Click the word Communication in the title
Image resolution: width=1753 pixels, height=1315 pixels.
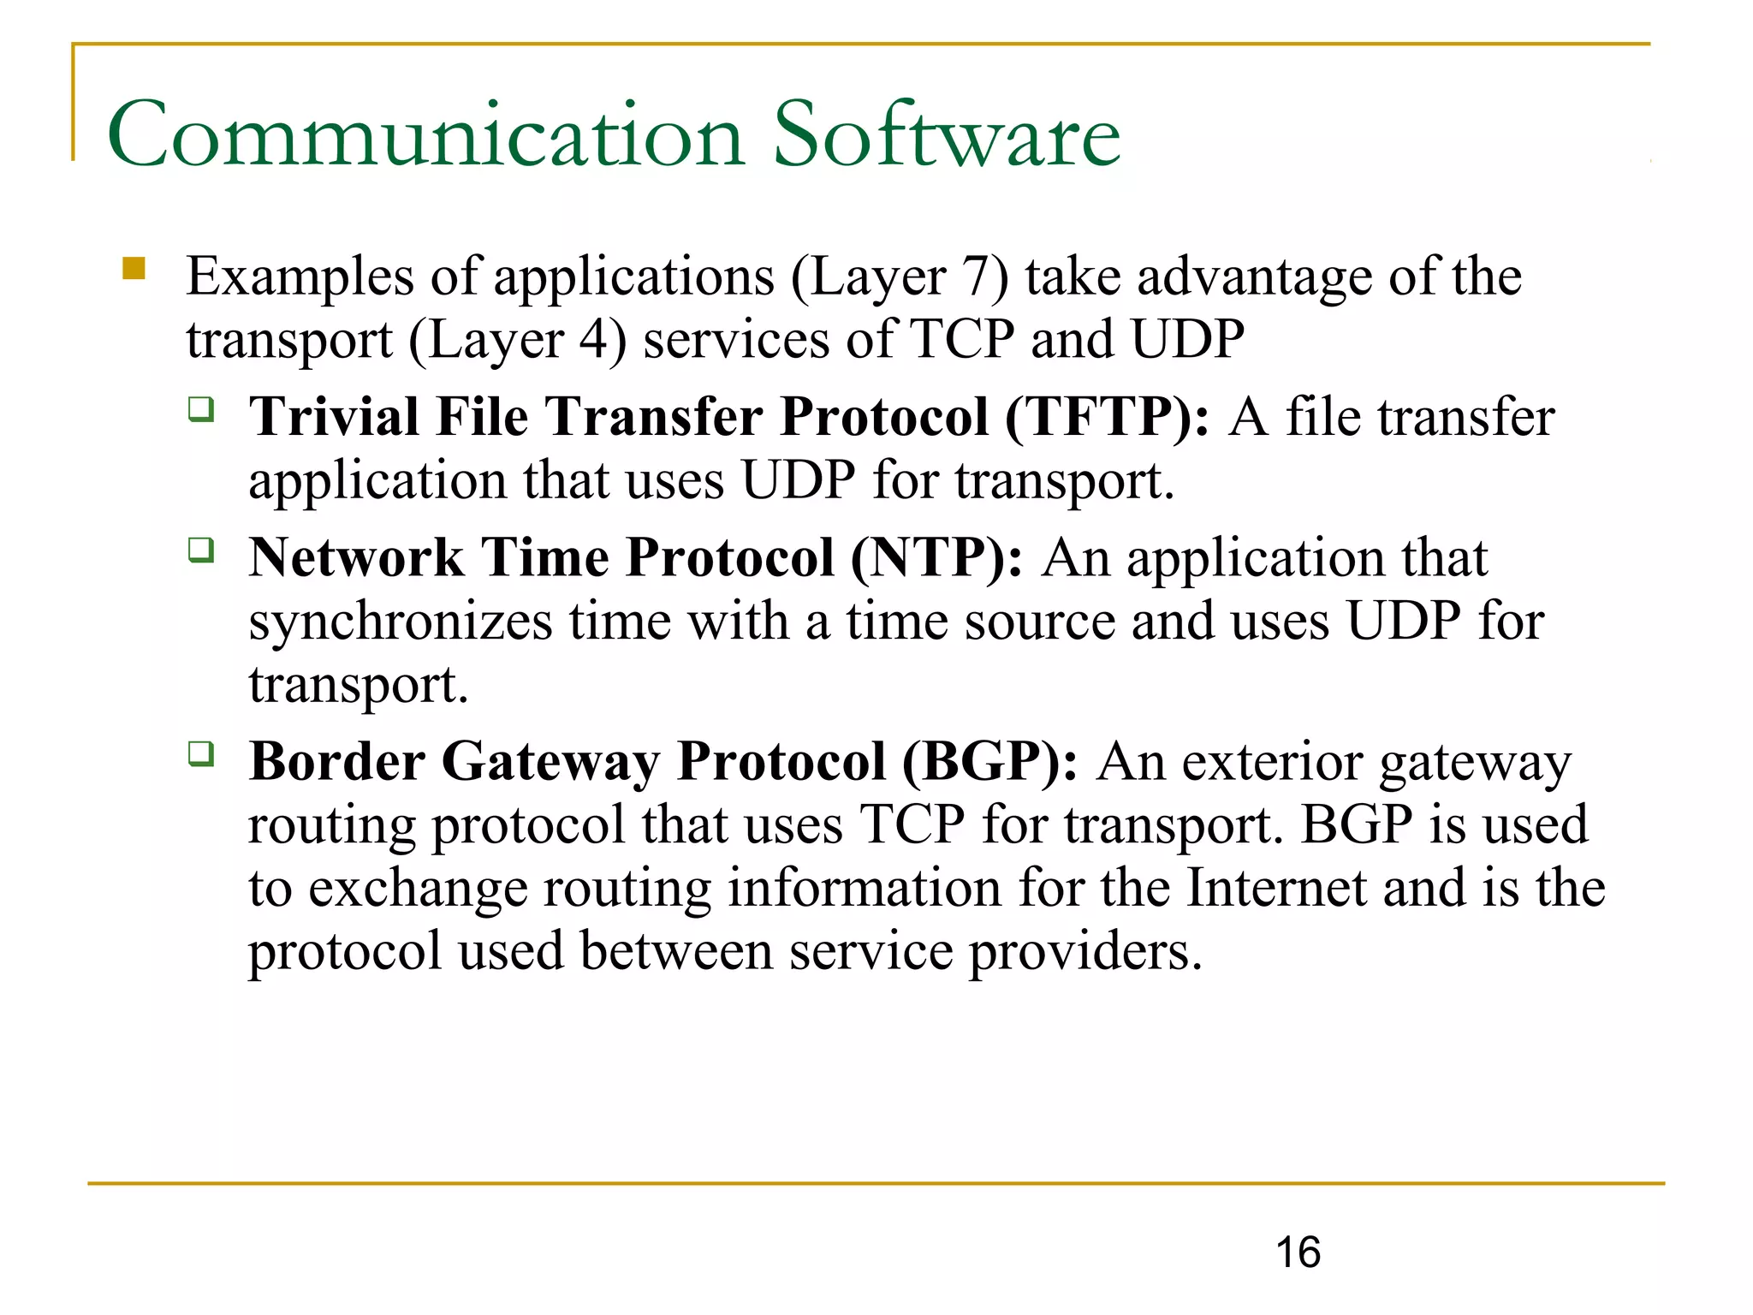click(x=425, y=135)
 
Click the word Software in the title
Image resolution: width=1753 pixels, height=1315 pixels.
click(x=947, y=135)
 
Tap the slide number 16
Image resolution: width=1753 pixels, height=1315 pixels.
click(x=1298, y=1253)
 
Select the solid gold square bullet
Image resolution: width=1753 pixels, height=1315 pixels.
click(x=134, y=269)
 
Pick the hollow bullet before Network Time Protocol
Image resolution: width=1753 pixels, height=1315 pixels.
click(x=201, y=550)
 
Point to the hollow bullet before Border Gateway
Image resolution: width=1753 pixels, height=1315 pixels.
click(x=201, y=754)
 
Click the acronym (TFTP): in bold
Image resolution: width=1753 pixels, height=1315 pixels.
click(x=1107, y=418)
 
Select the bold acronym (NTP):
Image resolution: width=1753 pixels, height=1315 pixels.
click(x=936, y=558)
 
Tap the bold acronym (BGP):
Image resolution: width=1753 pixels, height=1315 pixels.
click(x=989, y=762)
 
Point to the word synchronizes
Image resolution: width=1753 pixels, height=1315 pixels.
click(x=401, y=622)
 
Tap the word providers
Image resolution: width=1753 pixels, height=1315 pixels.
click(x=1084, y=953)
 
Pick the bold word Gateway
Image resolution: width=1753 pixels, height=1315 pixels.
click(x=550, y=762)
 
